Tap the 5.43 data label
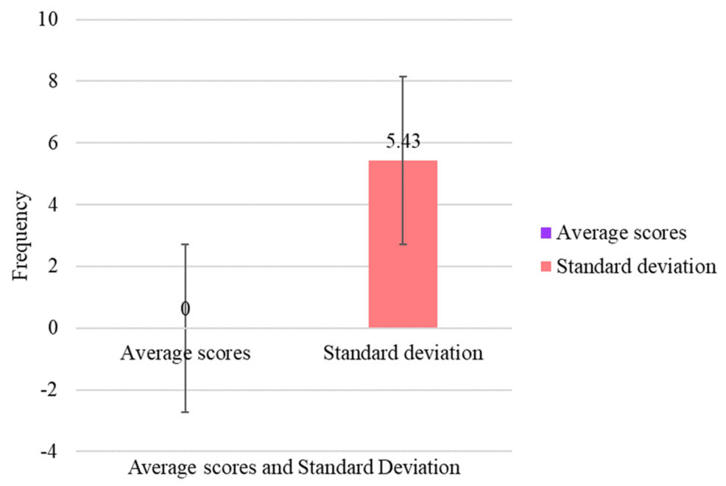coord(403,141)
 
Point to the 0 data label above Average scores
coord(185,309)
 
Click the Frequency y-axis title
coord(21,236)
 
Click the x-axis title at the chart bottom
coord(295,468)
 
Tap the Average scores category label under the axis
coord(185,353)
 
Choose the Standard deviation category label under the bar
coord(403,353)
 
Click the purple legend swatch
coord(545,233)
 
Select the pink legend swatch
coord(545,266)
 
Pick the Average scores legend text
coord(621,233)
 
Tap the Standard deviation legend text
coord(636,266)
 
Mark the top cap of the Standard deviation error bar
coord(403,77)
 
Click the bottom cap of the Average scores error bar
coord(185,412)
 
